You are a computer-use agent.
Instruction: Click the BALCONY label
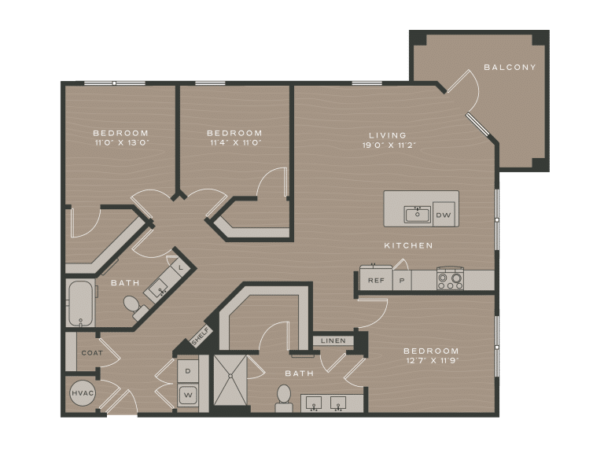510,68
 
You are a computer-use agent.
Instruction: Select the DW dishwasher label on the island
443,214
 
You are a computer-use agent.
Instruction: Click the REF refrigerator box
376,280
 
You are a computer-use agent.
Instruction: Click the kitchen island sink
417,214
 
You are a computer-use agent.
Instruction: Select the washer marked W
189,395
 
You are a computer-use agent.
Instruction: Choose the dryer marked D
189,368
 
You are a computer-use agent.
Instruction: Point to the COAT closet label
92,353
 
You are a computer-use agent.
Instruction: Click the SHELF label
199,337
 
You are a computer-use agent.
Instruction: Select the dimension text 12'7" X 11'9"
431,361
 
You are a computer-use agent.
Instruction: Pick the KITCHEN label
408,246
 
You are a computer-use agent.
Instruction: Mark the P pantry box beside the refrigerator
401,280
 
